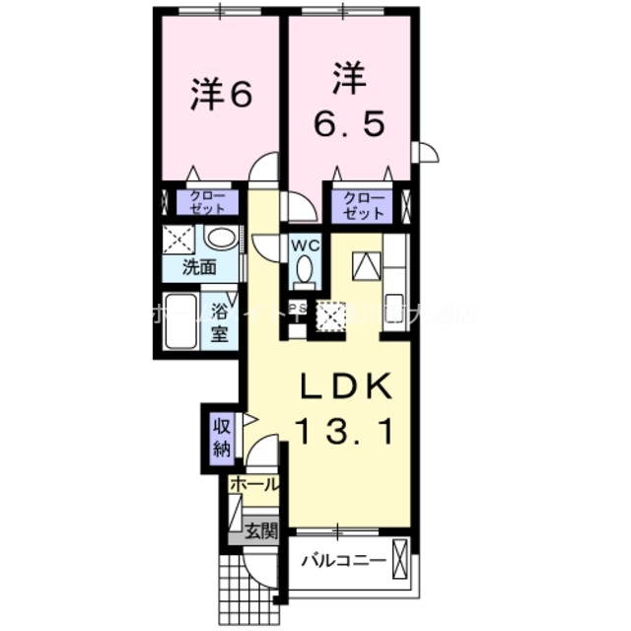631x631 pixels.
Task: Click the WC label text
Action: pos(302,244)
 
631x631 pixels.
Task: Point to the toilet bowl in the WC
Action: pos(304,268)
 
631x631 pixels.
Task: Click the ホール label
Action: pos(254,484)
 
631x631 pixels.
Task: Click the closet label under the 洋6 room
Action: pos(207,203)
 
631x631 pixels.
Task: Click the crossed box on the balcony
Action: pos(400,558)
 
